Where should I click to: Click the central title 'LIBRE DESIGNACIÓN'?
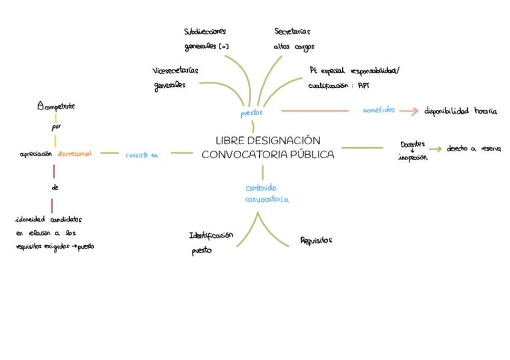pyautogui.click(x=268, y=141)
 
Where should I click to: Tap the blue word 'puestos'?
pyautogui.click(x=251, y=112)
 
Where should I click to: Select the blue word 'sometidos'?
pyautogui.click(x=379, y=110)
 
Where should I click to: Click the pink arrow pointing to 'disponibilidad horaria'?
pyautogui.click(x=408, y=111)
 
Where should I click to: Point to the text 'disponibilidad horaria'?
pyautogui.click(x=461, y=111)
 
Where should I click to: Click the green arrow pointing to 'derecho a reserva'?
pyautogui.click(x=435, y=149)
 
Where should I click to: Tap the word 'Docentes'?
pyautogui.click(x=413, y=144)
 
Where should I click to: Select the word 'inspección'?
pyautogui.click(x=413, y=157)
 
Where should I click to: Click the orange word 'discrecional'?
pyautogui.click(x=75, y=154)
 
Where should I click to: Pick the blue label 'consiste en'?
pyautogui.click(x=141, y=155)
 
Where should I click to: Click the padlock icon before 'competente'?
pyautogui.click(x=40, y=106)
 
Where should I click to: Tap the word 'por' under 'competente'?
pyautogui.click(x=56, y=127)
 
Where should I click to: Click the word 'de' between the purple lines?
pyautogui.click(x=55, y=188)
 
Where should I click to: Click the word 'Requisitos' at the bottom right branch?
pyautogui.click(x=316, y=240)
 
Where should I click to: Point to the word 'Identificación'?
pyautogui.click(x=211, y=236)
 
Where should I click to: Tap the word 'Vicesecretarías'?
pyautogui.click(x=175, y=71)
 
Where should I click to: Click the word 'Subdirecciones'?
pyautogui.click(x=205, y=31)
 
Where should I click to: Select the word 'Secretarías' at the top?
pyautogui.click(x=292, y=31)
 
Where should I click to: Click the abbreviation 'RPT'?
pyautogui.click(x=363, y=85)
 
